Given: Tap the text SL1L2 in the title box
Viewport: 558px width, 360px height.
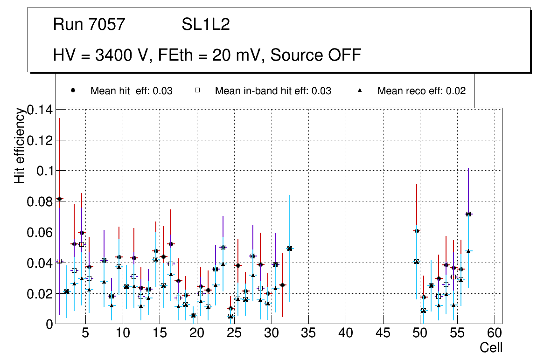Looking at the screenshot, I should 206,24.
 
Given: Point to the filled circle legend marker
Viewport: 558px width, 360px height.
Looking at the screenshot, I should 73,90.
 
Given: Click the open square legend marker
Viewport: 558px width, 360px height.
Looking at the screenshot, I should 197,90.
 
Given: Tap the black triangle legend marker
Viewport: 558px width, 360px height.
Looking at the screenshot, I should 360,90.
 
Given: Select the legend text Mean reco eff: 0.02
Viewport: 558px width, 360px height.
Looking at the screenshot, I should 421,91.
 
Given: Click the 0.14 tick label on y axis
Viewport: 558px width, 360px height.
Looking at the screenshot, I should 40,110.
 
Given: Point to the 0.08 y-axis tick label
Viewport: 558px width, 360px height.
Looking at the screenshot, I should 40,202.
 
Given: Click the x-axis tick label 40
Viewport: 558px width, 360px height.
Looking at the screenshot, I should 346,333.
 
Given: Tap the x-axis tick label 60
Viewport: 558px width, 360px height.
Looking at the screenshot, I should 495,333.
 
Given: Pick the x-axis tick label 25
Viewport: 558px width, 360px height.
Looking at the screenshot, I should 234,333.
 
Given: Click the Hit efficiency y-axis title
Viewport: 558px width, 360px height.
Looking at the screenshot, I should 20,145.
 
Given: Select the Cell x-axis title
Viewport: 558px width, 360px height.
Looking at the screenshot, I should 491,348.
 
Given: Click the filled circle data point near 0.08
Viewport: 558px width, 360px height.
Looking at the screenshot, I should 59,199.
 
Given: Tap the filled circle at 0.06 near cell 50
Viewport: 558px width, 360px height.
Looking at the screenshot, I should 416,231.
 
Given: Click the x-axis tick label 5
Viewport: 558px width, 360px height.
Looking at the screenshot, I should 85,333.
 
